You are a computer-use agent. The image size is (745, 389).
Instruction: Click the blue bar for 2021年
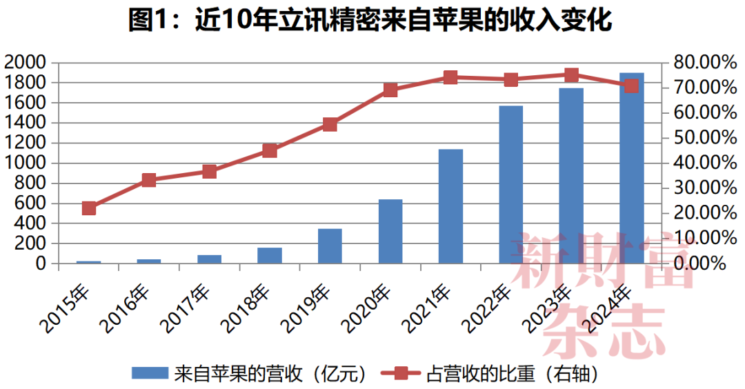tap(450, 206)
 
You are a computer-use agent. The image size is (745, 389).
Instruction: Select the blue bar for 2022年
tap(511, 184)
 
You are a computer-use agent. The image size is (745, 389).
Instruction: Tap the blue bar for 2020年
tap(390, 231)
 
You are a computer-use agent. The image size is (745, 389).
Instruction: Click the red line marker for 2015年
tap(89, 208)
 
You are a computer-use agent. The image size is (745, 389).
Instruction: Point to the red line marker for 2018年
tap(270, 151)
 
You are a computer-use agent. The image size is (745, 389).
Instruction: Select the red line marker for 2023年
tap(571, 76)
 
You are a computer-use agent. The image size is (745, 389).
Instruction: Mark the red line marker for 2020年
tap(390, 90)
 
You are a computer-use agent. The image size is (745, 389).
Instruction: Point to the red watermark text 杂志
tap(604, 330)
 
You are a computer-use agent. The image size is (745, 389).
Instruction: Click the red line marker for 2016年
tap(149, 181)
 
